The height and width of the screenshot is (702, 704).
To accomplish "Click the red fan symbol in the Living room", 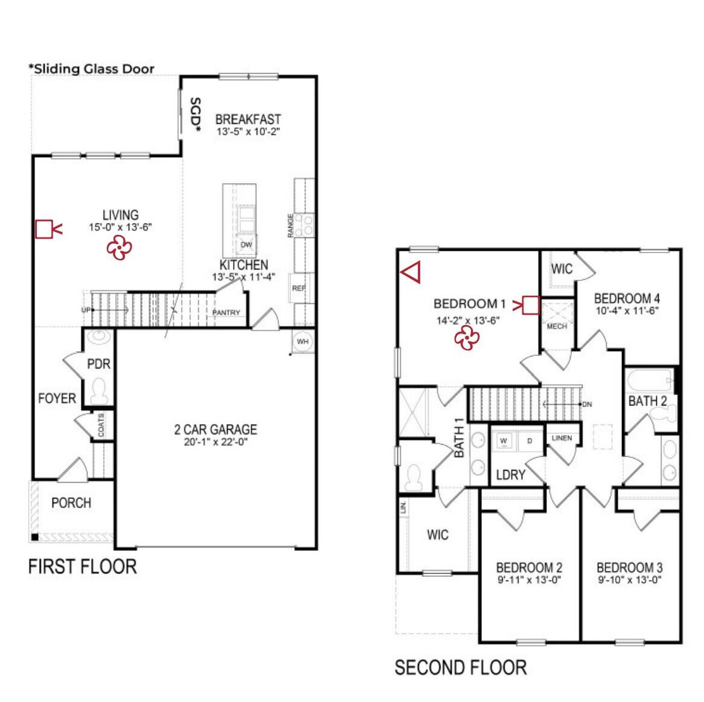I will (x=119, y=247).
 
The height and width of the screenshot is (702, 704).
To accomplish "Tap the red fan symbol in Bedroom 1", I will (x=467, y=338).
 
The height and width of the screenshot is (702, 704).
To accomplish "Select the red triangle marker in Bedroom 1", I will (x=411, y=272).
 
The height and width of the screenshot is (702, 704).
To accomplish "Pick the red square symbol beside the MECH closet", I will (x=530, y=305).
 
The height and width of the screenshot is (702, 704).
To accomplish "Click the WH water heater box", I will (x=302, y=341).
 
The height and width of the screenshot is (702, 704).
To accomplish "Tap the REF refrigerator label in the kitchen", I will (x=298, y=288).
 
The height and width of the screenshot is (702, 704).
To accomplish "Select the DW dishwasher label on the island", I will (x=246, y=245).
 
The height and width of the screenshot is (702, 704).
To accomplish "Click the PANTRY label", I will (x=226, y=312).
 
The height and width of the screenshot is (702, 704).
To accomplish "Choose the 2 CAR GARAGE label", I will (x=216, y=430).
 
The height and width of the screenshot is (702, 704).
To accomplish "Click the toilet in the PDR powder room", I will (x=98, y=391).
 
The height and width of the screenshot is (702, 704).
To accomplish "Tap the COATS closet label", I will (x=101, y=425).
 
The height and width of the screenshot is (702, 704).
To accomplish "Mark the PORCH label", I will (x=71, y=503).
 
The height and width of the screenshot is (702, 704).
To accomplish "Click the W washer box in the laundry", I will (x=504, y=441).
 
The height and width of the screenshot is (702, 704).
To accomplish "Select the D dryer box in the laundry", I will (x=530, y=441).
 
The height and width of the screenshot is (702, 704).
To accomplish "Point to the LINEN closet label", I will (x=562, y=438).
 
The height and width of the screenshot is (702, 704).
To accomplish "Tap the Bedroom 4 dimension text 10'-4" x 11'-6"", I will (x=627, y=311).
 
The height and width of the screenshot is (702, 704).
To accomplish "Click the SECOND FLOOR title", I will (x=461, y=668).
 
